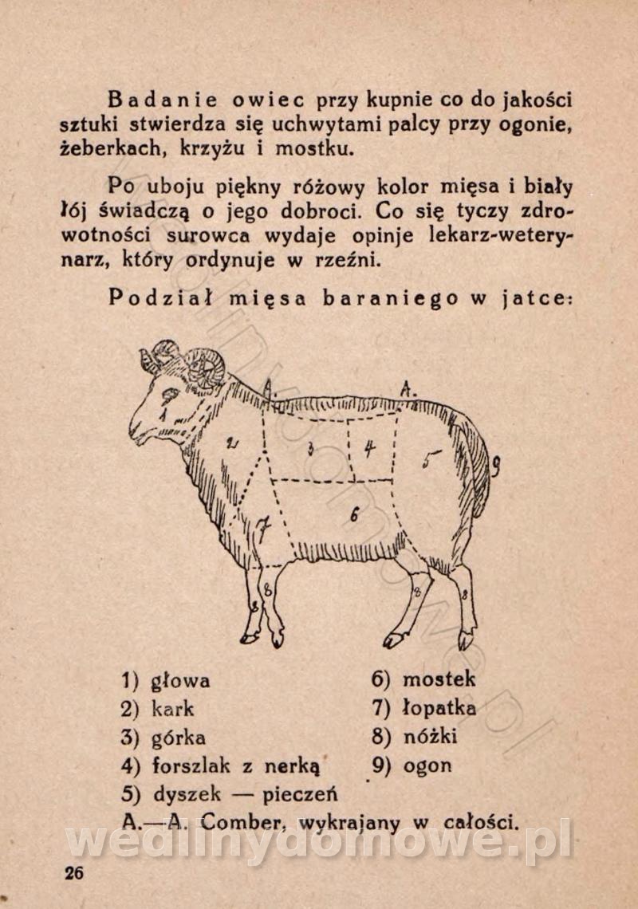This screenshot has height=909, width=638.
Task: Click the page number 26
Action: [x=74, y=872]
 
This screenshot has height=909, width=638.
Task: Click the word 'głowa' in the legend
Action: [x=180, y=681]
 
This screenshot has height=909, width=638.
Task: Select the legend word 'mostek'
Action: [x=439, y=679]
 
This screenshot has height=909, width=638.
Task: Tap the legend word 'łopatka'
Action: [x=439, y=708]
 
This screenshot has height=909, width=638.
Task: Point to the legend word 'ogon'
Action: [x=427, y=765]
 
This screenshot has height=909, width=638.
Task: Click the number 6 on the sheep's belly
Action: [x=355, y=514]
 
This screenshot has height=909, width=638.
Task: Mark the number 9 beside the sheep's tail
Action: [x=496, y=466]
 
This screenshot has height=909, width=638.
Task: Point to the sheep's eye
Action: [x=169, y=396]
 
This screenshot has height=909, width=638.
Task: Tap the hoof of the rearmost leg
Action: [x=466, y=640]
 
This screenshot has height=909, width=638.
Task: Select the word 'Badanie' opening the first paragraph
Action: [x=163, y=100]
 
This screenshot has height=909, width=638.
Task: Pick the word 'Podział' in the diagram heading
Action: [x=160, y=298]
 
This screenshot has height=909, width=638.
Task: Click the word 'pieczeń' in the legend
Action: [x=300, y=793]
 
